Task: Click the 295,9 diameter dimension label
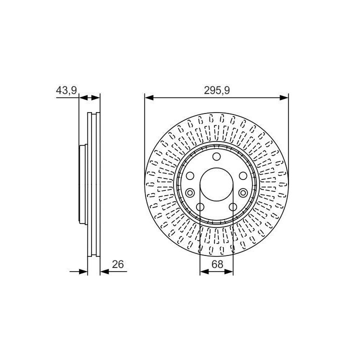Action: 216,90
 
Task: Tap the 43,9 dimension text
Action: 66,90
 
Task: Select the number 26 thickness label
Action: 118,264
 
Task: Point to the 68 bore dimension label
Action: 217,264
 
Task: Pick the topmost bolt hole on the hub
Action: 216,156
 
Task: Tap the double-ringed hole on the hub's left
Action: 190,193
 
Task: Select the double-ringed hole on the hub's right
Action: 243,193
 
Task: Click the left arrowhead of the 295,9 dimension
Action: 149,98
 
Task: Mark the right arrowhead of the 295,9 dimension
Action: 284,98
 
